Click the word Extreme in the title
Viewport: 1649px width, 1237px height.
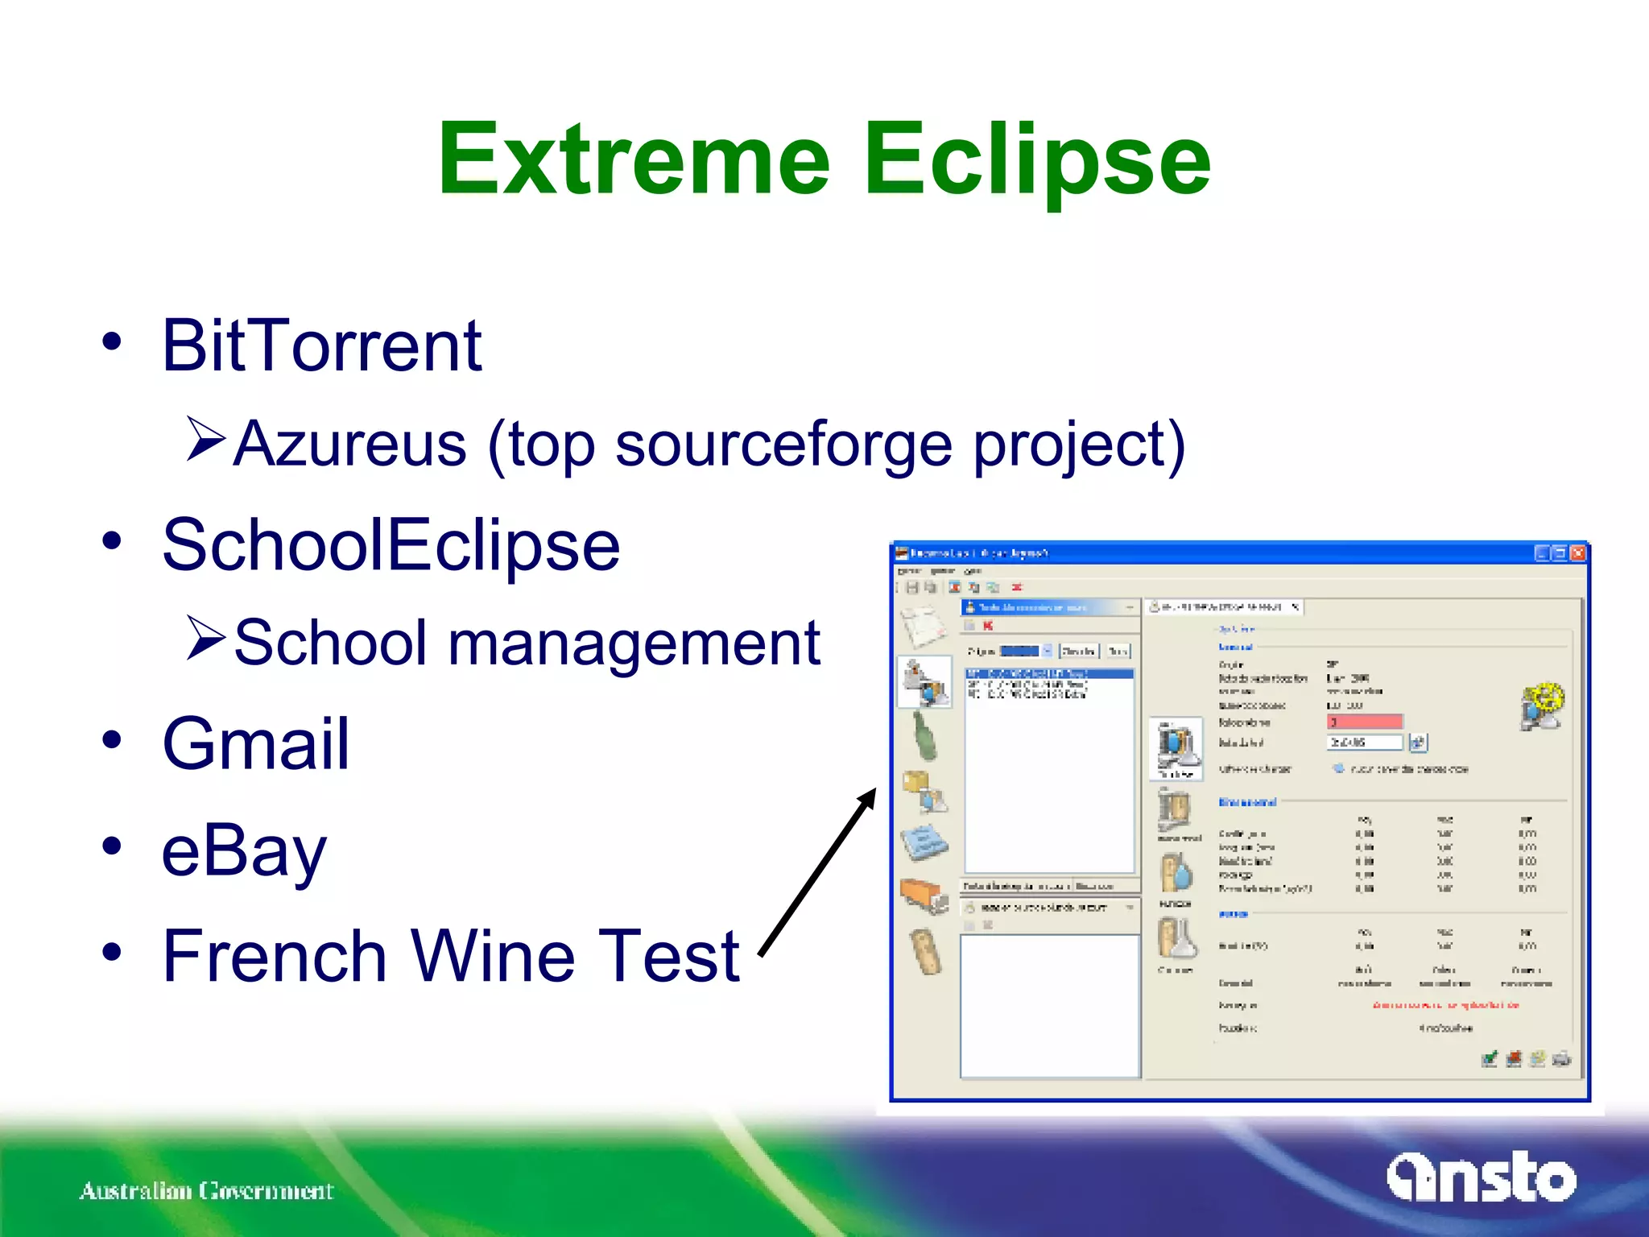(x=633, y=159)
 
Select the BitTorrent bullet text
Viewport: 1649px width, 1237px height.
(x=321, y=346)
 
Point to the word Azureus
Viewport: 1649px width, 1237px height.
(x=349, y=445)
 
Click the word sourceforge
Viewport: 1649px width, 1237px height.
(x=783, y=445)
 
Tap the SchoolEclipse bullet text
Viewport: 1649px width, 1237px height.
(x=391, y=546)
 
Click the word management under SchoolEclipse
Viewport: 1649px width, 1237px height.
(x=634, y=643)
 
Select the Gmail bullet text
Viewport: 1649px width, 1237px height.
(x=256, y=743)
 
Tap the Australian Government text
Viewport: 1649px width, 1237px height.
(x=206, y=1190)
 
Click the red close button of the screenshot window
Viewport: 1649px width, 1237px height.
(x=1577, y=553)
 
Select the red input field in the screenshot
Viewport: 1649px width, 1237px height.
(x=1364, y=722)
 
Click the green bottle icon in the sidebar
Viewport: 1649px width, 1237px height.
(x=925, y=736)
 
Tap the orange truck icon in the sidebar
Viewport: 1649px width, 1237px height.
(x=924, y=894)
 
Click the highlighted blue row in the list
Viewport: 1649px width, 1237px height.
(x=1048, y=673)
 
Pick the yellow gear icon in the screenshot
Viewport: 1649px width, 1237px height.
(x=1542, y=705)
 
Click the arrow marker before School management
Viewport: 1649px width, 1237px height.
(x=206, y=638)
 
